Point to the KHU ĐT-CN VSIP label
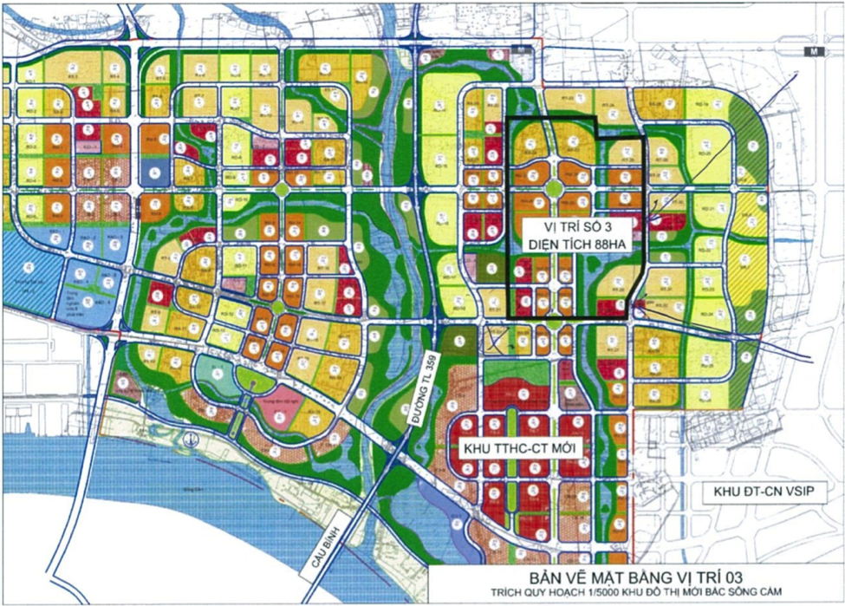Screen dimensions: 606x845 (766, 492)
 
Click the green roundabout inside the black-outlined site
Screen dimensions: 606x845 (554, 188)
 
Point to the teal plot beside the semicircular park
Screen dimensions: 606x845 (209, 375)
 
